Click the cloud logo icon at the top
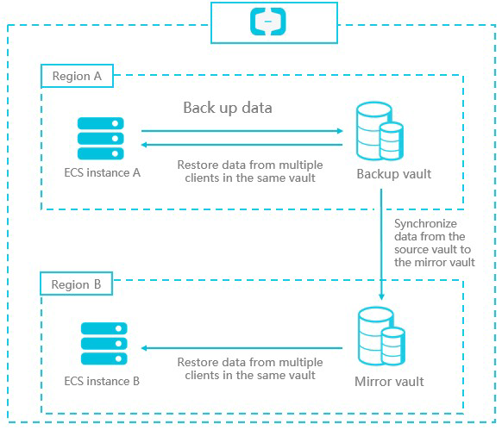[268, 22]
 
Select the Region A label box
[77, 76]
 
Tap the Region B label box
[76, 284]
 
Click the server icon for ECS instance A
[101, 138]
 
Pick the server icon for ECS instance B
[104, 343]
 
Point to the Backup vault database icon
[380, 131]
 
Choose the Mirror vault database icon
[381, 336]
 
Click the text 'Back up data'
[228, 108]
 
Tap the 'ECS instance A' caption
[103, 172]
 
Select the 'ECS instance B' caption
[102, 381]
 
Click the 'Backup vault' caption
[394, 174]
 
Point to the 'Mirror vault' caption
[389, 382]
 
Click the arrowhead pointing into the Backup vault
[340, 131]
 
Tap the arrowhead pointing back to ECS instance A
[144, 145]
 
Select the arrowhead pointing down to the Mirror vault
[381, 297]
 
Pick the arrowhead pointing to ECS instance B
[144, 348]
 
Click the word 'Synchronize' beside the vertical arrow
[425, 224]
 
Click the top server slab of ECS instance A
[101, 123]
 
